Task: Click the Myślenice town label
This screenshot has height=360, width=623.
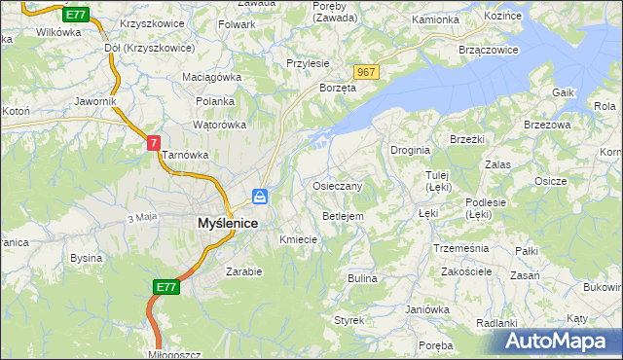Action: (213, 223)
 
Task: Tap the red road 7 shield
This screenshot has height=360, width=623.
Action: (153, 143)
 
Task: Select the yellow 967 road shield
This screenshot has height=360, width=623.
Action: (366, 73)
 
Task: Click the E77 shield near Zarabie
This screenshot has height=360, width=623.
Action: (165, 287)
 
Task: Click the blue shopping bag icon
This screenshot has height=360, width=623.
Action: (260, 197)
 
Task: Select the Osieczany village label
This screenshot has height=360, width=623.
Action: (338, 186)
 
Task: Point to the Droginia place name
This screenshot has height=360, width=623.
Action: (411, 151)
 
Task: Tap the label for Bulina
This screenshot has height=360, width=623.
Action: (362, 278)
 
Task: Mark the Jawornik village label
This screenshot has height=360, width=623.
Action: (95, 101)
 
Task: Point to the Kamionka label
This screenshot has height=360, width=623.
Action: (435, 19)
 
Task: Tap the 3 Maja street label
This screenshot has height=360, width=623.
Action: (142, 216)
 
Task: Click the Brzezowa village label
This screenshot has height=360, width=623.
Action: (545, 125)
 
